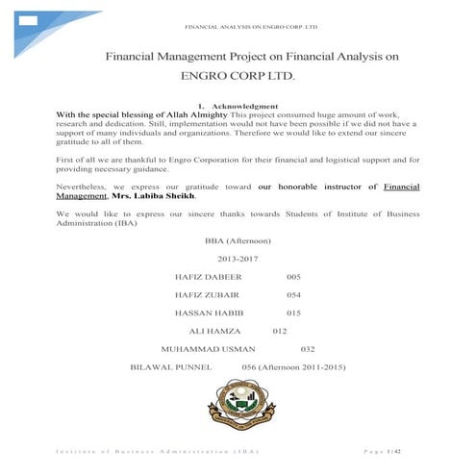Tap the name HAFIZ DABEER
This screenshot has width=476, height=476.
205,276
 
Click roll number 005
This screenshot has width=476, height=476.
294,276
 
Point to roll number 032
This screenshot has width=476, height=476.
309,348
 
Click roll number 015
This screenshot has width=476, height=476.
294,313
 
